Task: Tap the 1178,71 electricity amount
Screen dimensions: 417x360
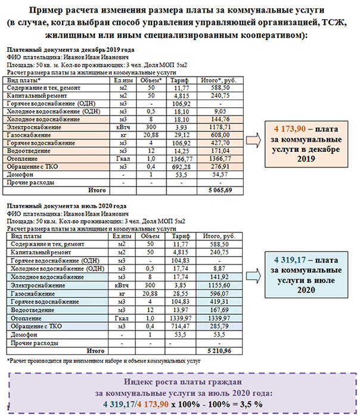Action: point(221,127)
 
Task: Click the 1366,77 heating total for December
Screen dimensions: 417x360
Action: point(221,159)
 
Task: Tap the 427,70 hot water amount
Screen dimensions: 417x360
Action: point(221,143)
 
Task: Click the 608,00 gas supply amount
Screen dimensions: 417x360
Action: point(221,135)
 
